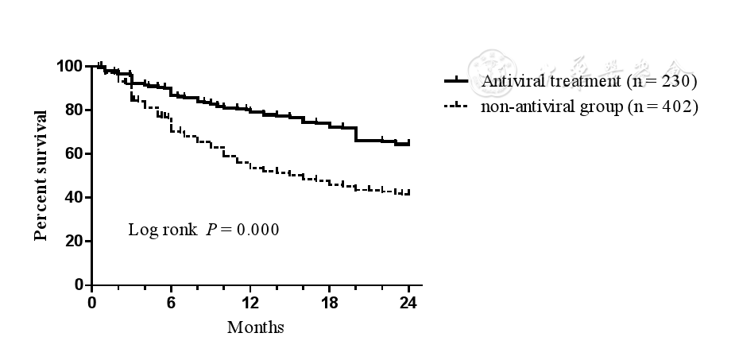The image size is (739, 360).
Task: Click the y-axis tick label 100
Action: click(x=70, y=66)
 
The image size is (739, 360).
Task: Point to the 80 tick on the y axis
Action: click(x=74, y=110)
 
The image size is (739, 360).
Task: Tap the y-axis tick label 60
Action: click(x=74, y=153)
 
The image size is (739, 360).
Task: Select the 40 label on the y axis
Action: click(x=74, y=197)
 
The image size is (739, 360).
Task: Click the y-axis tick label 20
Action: click(x=74, y=241)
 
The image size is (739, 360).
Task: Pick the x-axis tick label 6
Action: click(x=172, y=302)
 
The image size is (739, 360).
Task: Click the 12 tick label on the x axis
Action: click(x=250, y=302)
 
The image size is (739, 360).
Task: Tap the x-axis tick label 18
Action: click(x=330, y=302)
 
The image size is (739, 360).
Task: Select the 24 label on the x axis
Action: click(x=408, y=302)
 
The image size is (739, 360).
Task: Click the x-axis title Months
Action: click(x=255, y=327)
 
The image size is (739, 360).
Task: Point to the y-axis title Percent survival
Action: click(x=41, y=175)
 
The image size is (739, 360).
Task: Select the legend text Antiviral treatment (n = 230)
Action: click(x=588, y=81)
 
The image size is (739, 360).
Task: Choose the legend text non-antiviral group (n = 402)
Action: click(x=588, y=106)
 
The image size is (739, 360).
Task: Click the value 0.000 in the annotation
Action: click(x=259, y=230)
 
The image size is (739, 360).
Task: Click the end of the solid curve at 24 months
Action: click(x=408, y=144)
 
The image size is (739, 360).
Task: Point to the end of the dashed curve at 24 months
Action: click(x=408, y=193)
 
